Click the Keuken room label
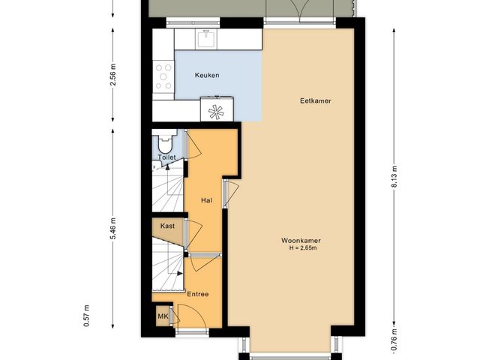pyautogui.click(x=206, y=76)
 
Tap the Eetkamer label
pyautogui.click(x=315, y=100)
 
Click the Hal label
pyautogui.click(x=206, y=201)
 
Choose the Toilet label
pyautogui.click(x=166, y=157)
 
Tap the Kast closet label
pyautogui.click(x=167, y=225)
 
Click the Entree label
pyautogui.click(x=198, y=294)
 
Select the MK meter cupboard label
pyautogui.click(x=163, y=317)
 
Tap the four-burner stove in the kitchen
pyautogui.click(x=163, y=76)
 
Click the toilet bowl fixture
pyautogui.click(x=164, y=142)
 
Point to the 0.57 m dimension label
pyautogui.click(x=87, y=315)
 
